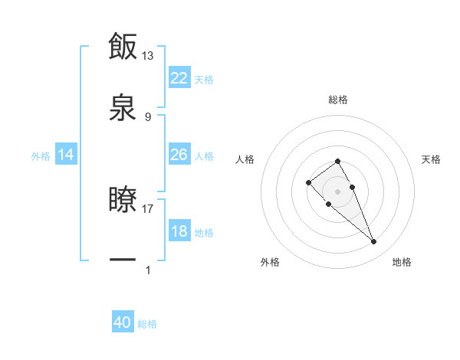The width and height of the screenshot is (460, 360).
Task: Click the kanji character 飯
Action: [x=123, y=46]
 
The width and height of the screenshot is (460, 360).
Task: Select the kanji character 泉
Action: [x=123, y=108]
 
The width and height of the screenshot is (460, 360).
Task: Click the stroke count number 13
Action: [x=148, y=55]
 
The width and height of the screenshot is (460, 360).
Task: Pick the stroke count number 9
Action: [x=148, y=116]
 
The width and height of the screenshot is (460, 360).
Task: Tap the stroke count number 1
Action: [x=148, y=270]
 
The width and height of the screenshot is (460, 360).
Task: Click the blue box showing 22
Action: [x=179, y=78]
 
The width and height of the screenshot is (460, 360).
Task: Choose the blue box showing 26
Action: [x=179, y=155]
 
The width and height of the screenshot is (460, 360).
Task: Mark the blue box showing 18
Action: [x=179, y=231]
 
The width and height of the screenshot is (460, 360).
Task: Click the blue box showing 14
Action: [x=66, y=155]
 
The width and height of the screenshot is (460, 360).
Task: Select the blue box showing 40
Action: [x=123, y=323]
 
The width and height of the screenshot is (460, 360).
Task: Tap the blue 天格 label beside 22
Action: [x=204, y=80]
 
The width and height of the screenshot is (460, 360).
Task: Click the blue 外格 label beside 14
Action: [x=41, y=156]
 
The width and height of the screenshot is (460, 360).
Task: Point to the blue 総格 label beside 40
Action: [x=147, y=325]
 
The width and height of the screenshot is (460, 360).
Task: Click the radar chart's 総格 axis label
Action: [x=337, y=100]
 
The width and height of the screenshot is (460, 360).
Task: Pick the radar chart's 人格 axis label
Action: [x=245, y=159]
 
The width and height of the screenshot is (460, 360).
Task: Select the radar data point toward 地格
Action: [x=373, y=242]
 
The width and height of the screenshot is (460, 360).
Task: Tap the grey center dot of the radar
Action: [x=337, y=191]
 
